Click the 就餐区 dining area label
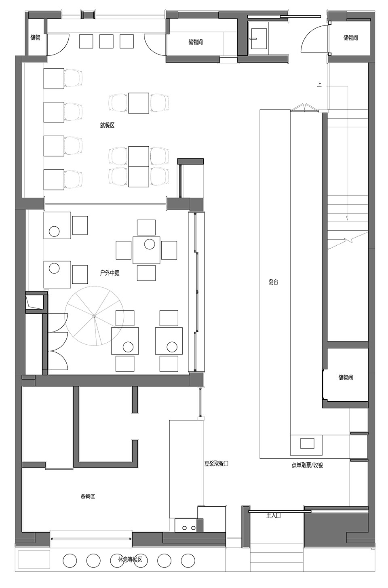pyautogui.click(x=107, y=125)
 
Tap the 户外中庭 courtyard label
pyautogui.click(x=110, y=273)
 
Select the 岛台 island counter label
pyautogui.click(x=273, y=282)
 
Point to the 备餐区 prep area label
pyautogui.click(x=87, y=496)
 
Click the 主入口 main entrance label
pyautogui.click(x=273, y=516)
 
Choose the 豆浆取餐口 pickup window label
pyautogui.click(x=216, y=463)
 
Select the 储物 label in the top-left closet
pyautogui.click(x=35, y=38)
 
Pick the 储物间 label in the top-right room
pyautogui.click(x=350, y=38)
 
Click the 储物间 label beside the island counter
pyautogui.click(x=346, y=377)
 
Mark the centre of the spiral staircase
pyautogui.click(x=94, y=316)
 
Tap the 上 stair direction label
pyautogui.click(x=319, y=84)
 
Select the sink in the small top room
pyautogui.click(x=259, y=38)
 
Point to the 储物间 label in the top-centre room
pyautogui.click(x=195, y=42)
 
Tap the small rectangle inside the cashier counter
pyautogui.click(x=307, y=443)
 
